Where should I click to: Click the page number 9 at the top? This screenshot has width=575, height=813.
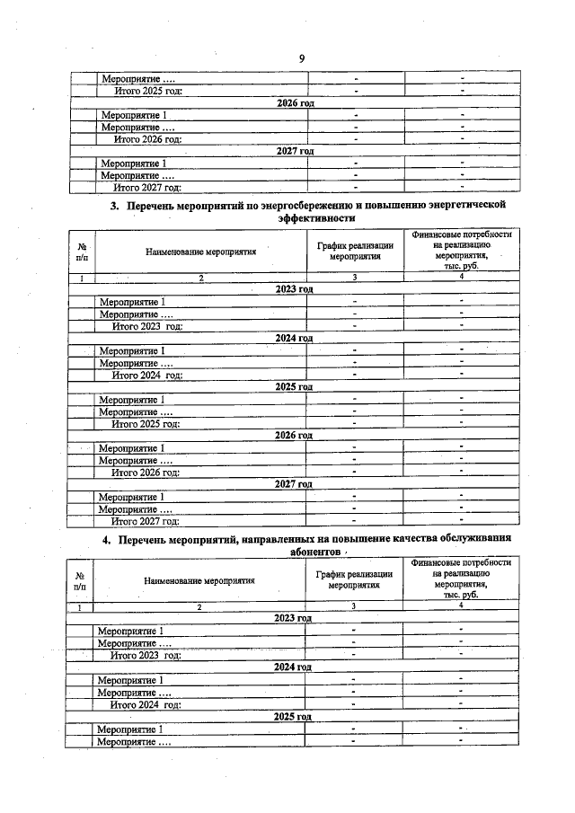click(302, 59)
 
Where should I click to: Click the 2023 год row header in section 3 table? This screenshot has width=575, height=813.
click(295, 289)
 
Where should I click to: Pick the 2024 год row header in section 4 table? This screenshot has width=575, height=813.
click(293, 667)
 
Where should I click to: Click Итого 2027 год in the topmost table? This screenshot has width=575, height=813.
click(147, 187)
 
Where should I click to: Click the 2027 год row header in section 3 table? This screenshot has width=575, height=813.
click(294, 484)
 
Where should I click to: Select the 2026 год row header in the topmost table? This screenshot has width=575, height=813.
click(295, 103)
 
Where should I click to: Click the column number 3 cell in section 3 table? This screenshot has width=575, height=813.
click(355, 278)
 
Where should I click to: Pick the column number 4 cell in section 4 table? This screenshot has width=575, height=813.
click(461, 607)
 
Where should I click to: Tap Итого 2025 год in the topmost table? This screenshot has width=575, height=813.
click(147, 90)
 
